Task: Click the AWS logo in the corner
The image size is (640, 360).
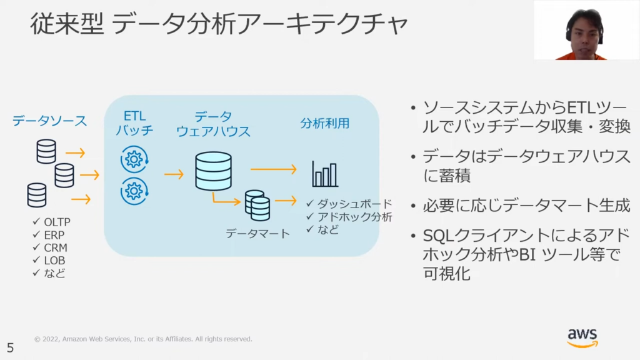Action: click(582, 337)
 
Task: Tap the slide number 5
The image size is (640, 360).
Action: click(10, 347)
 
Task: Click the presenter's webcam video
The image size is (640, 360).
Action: click(586, 30)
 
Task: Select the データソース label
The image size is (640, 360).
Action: click(50, 121)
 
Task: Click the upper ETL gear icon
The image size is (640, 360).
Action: click(134, 159)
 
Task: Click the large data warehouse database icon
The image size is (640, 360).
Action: click(213, 171)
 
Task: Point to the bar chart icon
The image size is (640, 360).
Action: click(325, 174)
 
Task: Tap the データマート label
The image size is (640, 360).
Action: click(258, 234)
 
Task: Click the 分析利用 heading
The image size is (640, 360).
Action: click(324, 123)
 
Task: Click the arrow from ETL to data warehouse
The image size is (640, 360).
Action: click(174, 174)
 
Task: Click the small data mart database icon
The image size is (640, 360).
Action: click(257, 205)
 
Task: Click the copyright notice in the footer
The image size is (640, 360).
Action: click(143, 339)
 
